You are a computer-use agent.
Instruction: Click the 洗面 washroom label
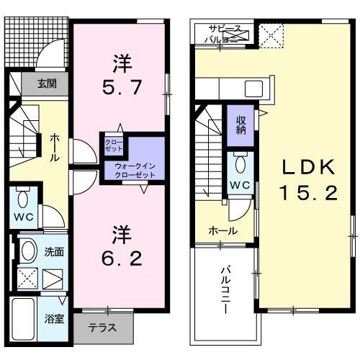pos(55,253)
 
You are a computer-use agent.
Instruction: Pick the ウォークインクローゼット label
pos(135,170)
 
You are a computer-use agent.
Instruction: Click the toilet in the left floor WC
pos(23,199)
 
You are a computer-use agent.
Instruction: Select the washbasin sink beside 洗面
pos(28,251)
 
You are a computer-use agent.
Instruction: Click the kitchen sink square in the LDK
pos(253,89)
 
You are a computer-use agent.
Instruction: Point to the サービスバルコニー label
pos(223,33)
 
